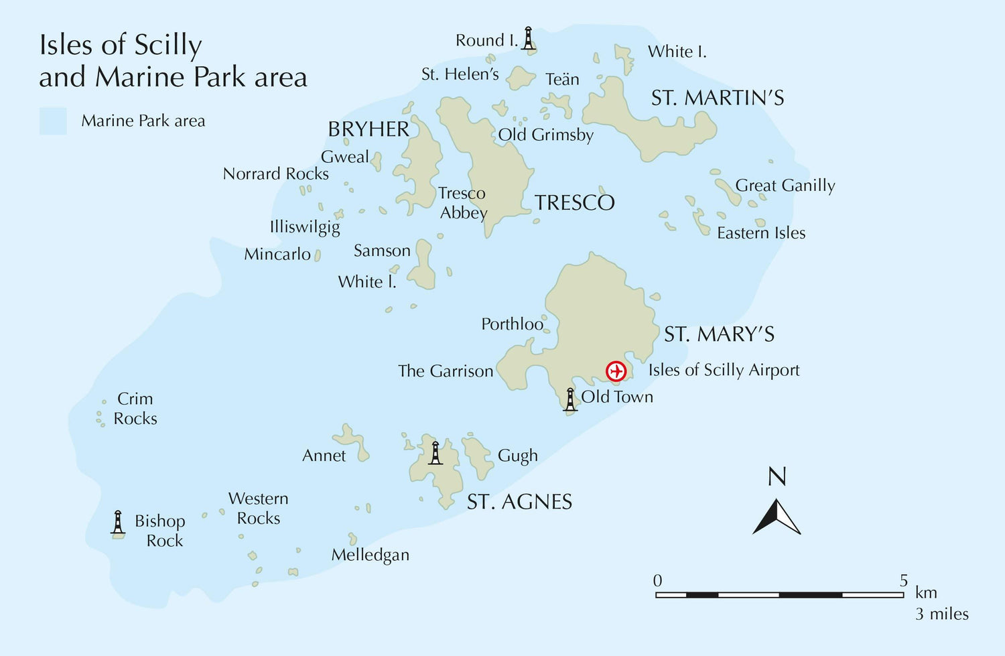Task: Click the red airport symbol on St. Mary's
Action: coord(616,371)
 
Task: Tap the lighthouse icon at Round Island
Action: coord(529,38)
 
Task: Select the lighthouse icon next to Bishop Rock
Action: coord(118,523)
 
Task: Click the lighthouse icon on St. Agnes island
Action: coord(435,453)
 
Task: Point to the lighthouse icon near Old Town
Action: coord(570,399)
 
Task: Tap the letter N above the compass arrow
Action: coord(777,477)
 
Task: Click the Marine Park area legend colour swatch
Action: coord(53,121)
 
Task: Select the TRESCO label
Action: coord(574,202)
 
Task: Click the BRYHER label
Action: coord(368,129)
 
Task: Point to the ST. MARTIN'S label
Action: coord(718,99)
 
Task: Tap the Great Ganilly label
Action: coord(785,186)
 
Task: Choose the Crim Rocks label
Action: coord(135,409)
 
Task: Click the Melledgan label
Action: coord(370,555)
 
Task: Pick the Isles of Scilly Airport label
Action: coord(724,370)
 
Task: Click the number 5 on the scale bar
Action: coord(903,580)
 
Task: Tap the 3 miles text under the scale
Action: coord(941,614)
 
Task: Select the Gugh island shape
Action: coord(478,456)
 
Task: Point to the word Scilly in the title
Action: coord(167,46)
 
